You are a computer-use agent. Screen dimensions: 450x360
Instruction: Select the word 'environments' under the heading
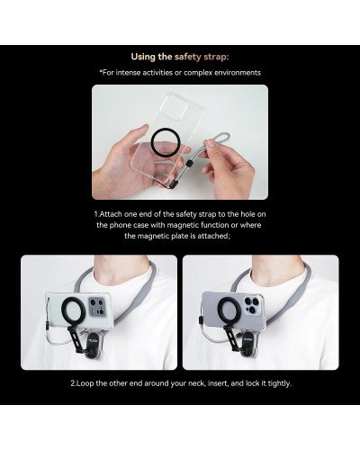(235, 72)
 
